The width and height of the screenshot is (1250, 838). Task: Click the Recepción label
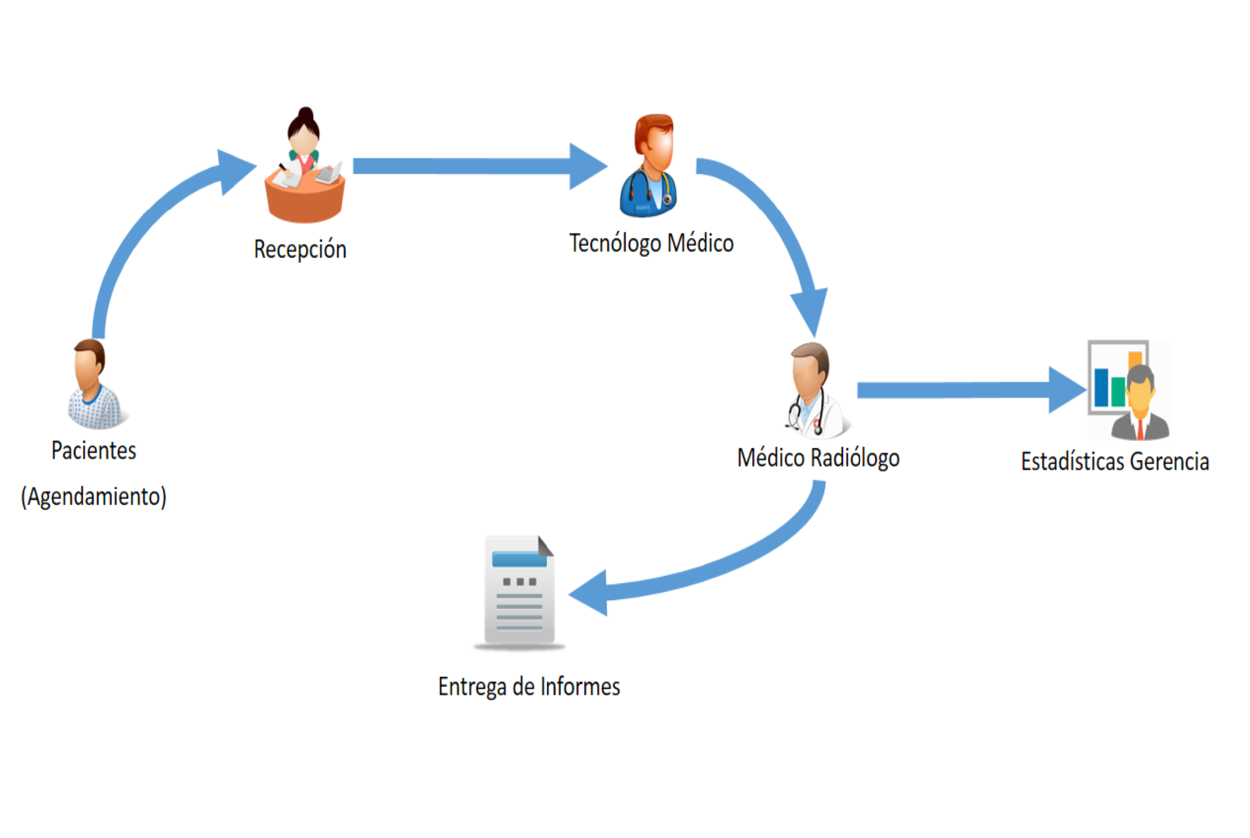point(300,249)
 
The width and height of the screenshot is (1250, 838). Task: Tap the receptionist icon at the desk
point(304,165)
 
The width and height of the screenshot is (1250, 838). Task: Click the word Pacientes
point(94,450)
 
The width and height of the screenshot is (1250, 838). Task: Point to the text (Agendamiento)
point(94,496)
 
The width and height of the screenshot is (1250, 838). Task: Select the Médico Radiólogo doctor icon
point(816,390)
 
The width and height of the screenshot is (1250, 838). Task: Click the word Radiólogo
point(855,458)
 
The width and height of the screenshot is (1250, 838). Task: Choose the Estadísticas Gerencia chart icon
point(1128,390)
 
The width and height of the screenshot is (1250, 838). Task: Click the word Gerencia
point(1169,461)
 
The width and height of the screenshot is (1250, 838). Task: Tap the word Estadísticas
point(1072,461)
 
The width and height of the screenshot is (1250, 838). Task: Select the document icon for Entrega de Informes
point(519,592)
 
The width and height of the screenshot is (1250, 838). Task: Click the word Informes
point(580,686)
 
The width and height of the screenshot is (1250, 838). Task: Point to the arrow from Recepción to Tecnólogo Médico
point(480,166)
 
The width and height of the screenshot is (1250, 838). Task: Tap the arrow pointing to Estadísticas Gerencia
point(972,390)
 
